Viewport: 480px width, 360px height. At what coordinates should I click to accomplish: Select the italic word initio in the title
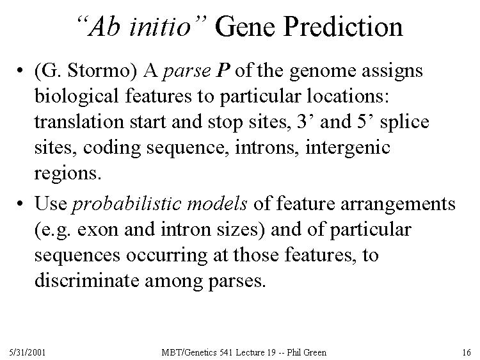(160, 27)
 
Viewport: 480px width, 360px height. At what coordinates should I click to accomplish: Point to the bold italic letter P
(223, 70)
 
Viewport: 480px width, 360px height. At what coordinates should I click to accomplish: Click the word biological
(76, 97)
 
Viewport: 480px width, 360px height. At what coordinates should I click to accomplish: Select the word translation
(79, 121)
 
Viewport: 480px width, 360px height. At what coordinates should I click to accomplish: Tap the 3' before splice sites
(304, 121)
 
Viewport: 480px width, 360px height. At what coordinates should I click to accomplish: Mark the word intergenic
(348, 149)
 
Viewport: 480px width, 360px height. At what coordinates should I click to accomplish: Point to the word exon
(98, 230)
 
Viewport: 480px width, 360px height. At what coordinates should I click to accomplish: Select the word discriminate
(86, 281)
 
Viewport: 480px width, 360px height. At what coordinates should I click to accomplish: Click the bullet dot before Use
(20, 204)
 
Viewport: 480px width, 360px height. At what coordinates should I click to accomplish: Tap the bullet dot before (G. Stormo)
(20, 70)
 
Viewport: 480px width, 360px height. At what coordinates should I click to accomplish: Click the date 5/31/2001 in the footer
(28, 352)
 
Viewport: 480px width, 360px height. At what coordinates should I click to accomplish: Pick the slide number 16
(467, 352)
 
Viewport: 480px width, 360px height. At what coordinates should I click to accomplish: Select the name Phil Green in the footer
(307, 352)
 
